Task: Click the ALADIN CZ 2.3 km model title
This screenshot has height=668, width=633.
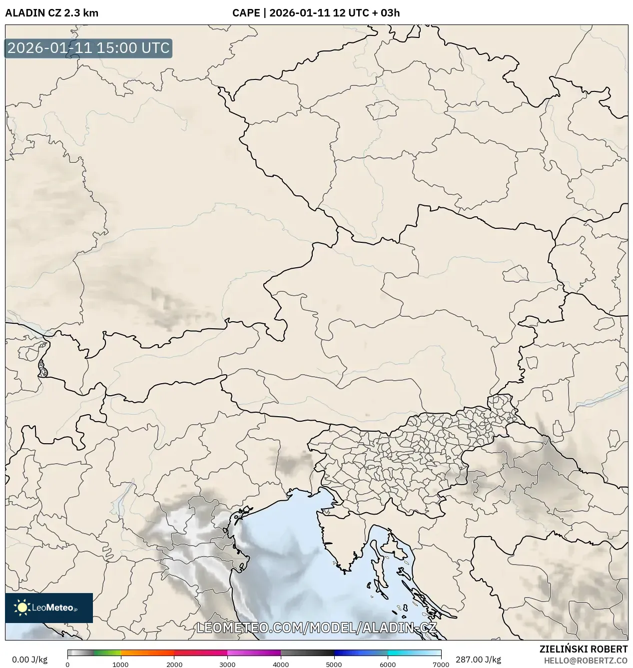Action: [52, 13]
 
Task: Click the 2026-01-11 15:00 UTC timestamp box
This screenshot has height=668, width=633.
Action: [88, 48]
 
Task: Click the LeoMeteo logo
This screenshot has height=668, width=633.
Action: [49, 608]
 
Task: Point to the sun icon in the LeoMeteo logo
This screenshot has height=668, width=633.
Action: [22, 608]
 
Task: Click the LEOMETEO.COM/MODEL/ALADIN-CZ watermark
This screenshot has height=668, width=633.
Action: [317, 628]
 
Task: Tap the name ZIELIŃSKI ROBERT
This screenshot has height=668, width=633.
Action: [584, 649]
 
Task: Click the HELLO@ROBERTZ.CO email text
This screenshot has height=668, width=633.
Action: [586, 661]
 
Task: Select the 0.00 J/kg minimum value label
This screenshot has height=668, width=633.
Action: [29, 660]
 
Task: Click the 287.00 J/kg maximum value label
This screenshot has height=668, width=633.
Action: [472, 660]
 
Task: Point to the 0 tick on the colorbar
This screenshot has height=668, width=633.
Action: [67, 664]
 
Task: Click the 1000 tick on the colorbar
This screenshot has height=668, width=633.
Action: [120, 664]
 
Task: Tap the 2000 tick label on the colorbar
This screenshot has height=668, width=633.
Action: [174, 664]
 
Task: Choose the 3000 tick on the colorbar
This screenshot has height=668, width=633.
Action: [227, 664]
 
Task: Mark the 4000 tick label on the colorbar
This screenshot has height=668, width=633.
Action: [281, 664]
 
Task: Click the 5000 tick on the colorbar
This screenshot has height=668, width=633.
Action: [334, 664]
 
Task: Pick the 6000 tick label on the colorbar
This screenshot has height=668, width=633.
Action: [388, 664]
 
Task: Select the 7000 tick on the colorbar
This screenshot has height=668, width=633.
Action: [441, 664]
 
